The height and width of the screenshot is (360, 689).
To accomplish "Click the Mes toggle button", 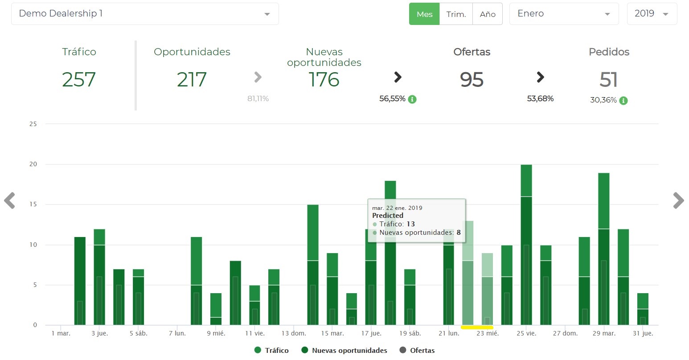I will coord(424,14).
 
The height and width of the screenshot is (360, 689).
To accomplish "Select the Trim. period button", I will coord(456,14).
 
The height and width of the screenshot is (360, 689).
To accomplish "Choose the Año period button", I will coord(488,14).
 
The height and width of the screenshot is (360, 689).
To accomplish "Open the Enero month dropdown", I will coord(564,14).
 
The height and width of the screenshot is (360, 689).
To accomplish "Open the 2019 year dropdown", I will coord(652,14).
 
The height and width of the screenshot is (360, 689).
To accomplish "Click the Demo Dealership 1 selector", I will coord(145,14).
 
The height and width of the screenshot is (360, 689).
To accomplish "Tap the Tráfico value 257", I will coord(79,80).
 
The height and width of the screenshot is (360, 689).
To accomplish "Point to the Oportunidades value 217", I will coord(192,80).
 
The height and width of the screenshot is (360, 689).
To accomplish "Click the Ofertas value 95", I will coord(472,80).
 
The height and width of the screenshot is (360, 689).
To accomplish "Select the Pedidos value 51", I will coord(609,80).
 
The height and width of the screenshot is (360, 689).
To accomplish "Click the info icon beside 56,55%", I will coord(412,99).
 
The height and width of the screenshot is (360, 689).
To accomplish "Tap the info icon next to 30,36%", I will coord(623,100).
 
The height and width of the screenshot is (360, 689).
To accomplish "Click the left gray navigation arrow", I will coord(9,200).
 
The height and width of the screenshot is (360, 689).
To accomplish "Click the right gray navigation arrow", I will coord(678,200).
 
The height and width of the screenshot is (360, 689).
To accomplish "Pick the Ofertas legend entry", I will coord(417,350).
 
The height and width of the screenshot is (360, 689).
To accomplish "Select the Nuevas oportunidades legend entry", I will coord(344,350).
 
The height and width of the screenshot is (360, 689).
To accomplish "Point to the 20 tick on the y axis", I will coord(33,164).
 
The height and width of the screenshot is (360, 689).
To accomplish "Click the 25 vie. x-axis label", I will coord(526,333).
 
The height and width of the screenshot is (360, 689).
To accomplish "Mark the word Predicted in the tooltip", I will coord(388,216).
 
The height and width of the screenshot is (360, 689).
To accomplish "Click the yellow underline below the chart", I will coord(477,327).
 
